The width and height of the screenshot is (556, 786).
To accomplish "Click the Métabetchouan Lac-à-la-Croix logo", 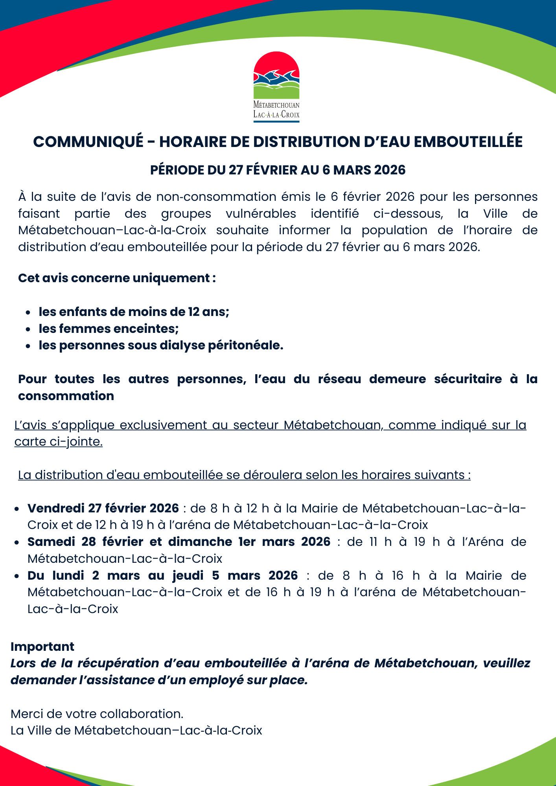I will (276, 86).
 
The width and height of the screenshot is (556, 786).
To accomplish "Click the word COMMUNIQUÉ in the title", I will (88, 142).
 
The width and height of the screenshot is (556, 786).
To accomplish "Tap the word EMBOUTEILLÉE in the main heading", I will (468, 142).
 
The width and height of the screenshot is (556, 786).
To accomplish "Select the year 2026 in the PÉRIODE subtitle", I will (390, 170).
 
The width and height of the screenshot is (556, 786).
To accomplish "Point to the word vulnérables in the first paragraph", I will (261, 213).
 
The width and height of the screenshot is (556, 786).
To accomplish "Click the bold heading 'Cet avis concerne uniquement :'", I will (117, 278).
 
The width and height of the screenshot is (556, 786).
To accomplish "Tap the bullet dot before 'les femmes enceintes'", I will (28, 329).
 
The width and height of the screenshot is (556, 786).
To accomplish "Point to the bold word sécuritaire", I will (468, 379).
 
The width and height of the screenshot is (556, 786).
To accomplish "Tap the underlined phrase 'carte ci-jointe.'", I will (59, 442).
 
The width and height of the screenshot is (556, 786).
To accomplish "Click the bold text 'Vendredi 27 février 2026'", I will (103, 508).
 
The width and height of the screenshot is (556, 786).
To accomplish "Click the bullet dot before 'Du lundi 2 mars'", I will (17, 576).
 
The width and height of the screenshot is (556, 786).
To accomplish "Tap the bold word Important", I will (42, 646).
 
